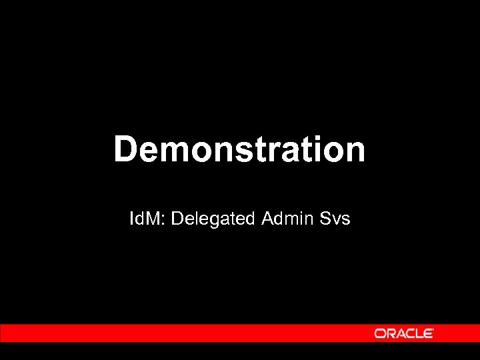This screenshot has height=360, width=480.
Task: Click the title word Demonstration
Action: tap(239, 149)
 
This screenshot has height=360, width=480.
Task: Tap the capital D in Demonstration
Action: tap(125, 149)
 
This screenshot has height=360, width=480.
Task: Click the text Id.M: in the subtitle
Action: tap(148, 218)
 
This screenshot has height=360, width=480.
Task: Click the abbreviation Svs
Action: tap(335, 218)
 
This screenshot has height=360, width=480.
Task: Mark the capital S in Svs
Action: tap(324, 218)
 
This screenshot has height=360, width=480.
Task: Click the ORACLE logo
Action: tap(404, 333)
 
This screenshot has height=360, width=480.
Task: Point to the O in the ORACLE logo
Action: tap(379, 333)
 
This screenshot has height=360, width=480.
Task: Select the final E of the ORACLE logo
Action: tap(429, 333)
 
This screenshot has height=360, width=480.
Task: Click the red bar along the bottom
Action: tap(180, 333)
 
